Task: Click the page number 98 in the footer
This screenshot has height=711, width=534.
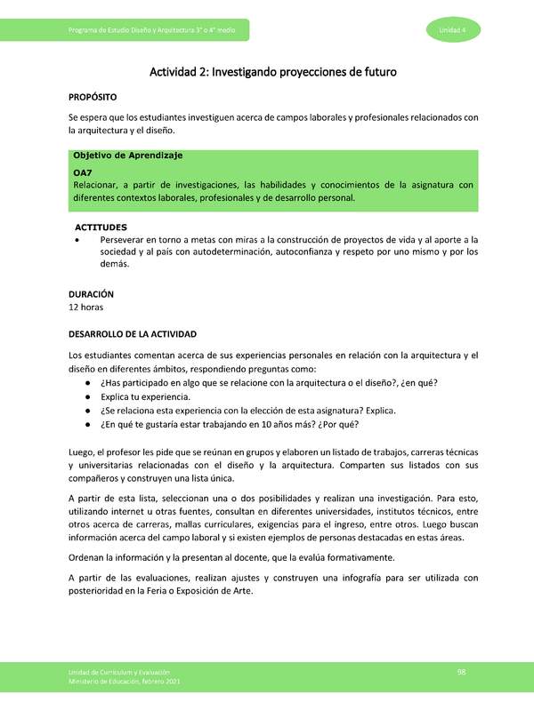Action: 462,670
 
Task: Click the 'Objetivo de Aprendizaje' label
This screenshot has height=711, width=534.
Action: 127,156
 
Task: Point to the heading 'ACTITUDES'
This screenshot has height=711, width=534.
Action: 101,228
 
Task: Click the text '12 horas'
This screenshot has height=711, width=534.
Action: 86,307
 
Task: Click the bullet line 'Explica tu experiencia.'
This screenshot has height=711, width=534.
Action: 145,396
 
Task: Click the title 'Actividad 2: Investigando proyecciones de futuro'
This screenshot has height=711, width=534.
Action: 272,70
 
